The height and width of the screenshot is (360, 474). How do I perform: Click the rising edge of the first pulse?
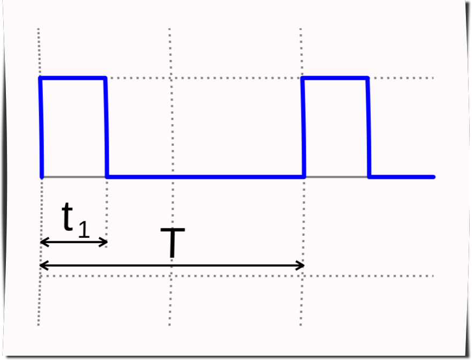point(41,127)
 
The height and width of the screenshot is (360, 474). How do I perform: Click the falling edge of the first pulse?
point(106,127)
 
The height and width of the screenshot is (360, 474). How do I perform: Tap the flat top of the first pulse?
point(73,78)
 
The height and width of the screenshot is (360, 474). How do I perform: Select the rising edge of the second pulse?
point(304,127)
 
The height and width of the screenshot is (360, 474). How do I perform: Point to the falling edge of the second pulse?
point(368,127)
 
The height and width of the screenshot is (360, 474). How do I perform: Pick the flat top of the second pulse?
point(336,78)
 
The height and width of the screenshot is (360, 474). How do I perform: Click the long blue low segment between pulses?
point(206,176)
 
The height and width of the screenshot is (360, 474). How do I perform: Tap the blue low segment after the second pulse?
point(402,176)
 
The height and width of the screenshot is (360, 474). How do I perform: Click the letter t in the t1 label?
point(68,217)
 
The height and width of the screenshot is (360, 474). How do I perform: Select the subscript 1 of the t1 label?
point(84,229)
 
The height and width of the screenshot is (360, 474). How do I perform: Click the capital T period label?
point(172,244)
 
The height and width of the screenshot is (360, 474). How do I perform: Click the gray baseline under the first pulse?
point(74,176)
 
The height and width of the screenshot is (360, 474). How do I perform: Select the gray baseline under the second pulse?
point(336,176)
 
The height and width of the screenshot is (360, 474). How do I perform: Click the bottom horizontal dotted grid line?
point(236,276)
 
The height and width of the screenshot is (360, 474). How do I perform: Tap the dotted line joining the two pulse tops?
point(204,78)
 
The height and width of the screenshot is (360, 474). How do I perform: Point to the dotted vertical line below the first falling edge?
point(107,209)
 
